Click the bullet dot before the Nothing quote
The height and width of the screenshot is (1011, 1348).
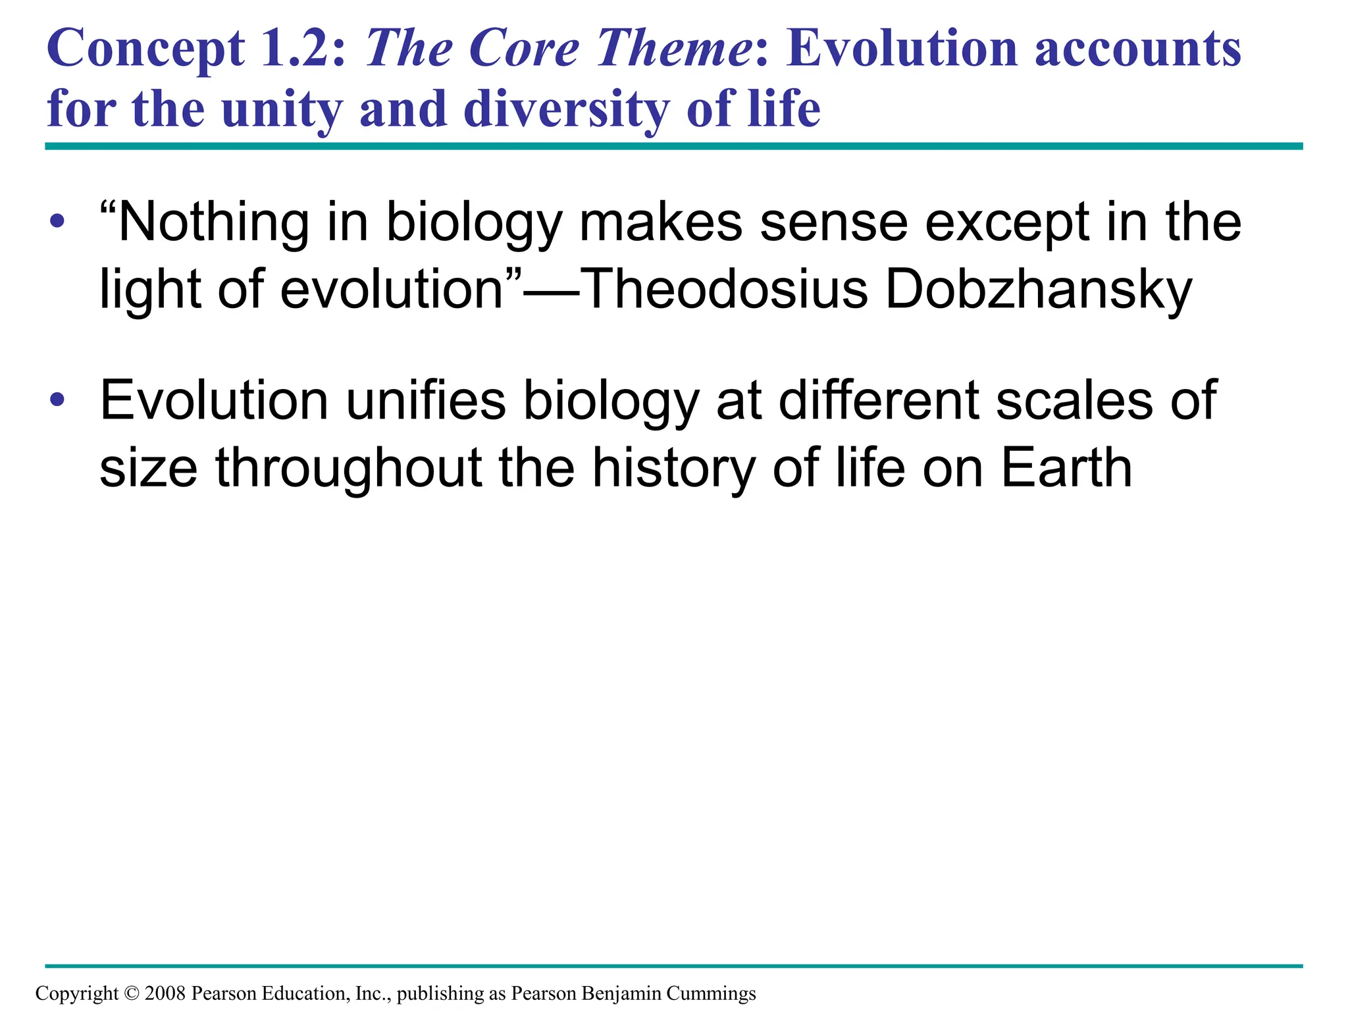click(x=57, y=221)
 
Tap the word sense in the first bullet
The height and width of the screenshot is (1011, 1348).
click(x=833, y=222)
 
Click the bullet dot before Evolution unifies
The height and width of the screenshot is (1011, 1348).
click(x=57, y=399)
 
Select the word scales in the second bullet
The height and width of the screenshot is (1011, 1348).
click(x=1074, y=400)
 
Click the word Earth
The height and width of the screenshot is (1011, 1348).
click(x=1066, y=467)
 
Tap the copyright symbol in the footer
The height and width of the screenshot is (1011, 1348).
click(x=131, y=993)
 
